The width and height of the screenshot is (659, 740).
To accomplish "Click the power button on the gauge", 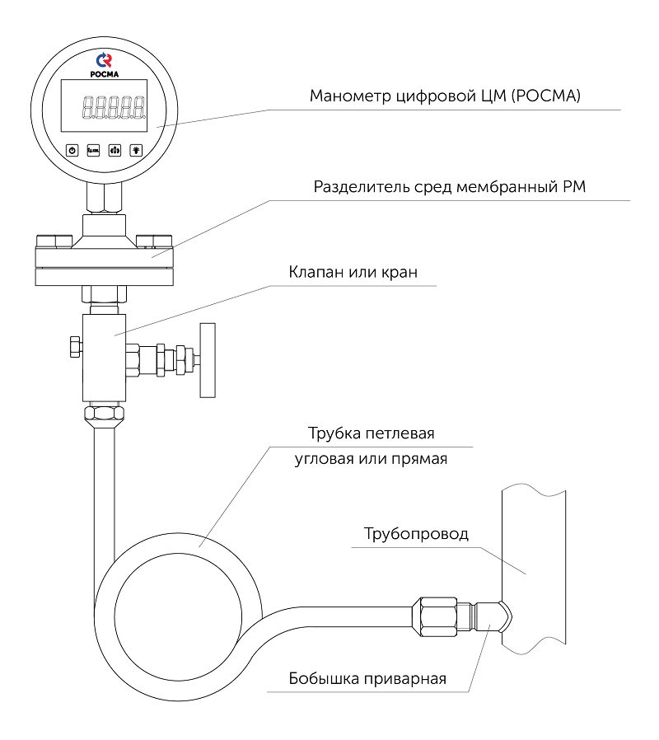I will point(72,150).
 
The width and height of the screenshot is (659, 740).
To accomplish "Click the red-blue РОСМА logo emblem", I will point(104,59).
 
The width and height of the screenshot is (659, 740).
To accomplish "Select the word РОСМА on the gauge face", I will point(104,74).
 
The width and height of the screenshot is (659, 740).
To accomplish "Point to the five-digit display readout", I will point(113,107).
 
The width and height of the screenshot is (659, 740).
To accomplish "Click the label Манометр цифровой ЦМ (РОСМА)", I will point(445,96).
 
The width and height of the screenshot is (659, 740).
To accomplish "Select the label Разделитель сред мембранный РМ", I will point(449,187).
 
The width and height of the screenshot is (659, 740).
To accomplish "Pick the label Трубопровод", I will point(416,534).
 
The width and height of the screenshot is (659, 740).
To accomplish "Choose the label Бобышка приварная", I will point(367,679).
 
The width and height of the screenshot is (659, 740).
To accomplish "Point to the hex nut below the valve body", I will point(105,412).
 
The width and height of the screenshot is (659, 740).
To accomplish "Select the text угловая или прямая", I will point(371,459).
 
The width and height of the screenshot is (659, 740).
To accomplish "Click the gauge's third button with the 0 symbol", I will point(114,150).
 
